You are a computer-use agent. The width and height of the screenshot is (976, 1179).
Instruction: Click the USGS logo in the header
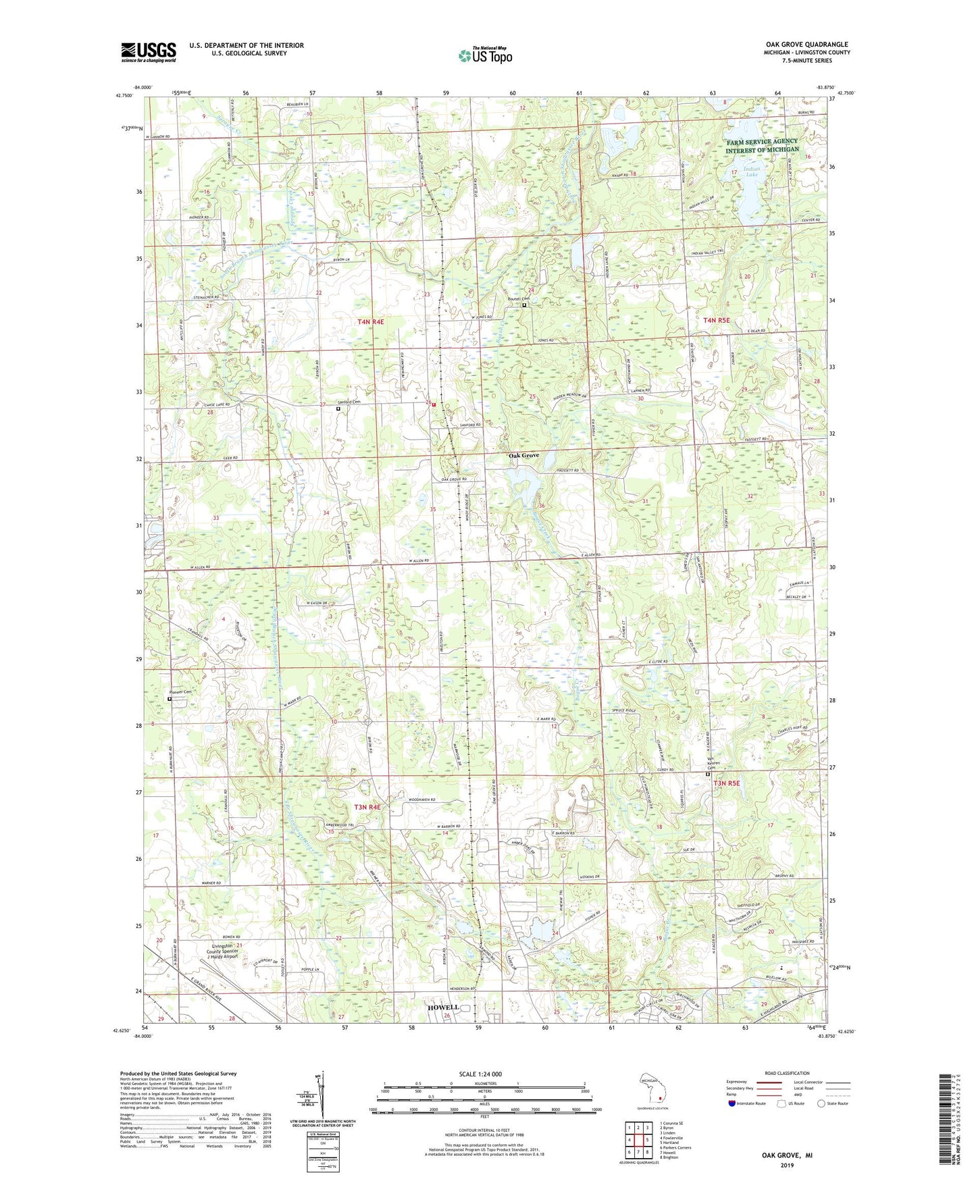pyautogui.click(x=149, y=52)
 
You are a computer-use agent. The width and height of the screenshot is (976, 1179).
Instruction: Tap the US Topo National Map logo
pyautogui.click(x=484, y=55)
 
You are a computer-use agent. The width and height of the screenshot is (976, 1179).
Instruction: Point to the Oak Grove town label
pyautogui.click(x=524, y=456)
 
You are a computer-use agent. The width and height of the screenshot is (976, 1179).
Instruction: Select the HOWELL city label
pyautogui.click(x=443, y=1007)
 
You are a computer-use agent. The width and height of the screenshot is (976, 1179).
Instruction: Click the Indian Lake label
pyautogui.click(x=752, y=172)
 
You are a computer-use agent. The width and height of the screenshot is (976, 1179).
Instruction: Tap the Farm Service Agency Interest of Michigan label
pyautogui.click(x=762, y=145)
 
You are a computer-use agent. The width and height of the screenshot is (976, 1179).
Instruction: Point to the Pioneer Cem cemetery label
pyautogui.click(x=180, y=692)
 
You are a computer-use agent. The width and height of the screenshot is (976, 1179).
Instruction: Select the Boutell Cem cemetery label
pyautogui.click(x=521, y=299)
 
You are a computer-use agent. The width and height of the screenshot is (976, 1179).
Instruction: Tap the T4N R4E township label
pyautogui.click(x=371, y=322)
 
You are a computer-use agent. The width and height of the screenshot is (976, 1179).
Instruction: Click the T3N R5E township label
pyautogui.click(x=727, y=783)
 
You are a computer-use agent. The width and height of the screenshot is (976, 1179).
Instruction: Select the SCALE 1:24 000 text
pyautogui.click(x=480, y=1074)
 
